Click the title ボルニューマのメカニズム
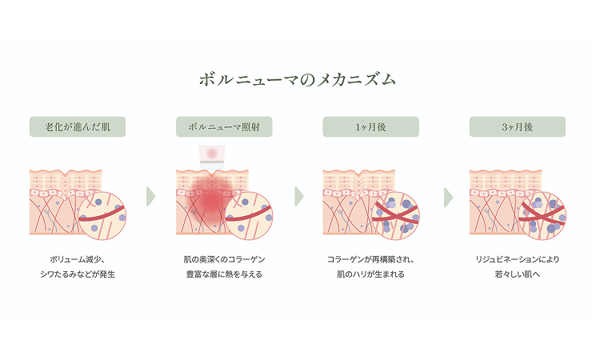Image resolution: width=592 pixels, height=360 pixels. point(297,80)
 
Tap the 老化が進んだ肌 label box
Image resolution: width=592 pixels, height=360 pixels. point(77,127)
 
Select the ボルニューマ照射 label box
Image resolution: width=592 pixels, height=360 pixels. point(224,127)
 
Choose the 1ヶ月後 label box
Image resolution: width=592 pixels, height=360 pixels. point(370,127)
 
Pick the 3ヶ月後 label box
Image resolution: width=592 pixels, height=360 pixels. point(517,127)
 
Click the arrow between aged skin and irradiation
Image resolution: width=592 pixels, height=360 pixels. point(150,197)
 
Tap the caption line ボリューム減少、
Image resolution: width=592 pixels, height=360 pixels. point(77,260)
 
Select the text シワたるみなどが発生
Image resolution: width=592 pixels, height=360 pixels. point(77,274)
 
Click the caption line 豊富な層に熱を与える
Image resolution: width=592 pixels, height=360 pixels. point(223,274)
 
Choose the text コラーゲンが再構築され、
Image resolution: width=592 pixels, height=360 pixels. point(370,260)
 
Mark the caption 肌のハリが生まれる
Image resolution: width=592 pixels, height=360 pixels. point(370,274)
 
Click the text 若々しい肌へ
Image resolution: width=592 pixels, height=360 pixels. point(517,274)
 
